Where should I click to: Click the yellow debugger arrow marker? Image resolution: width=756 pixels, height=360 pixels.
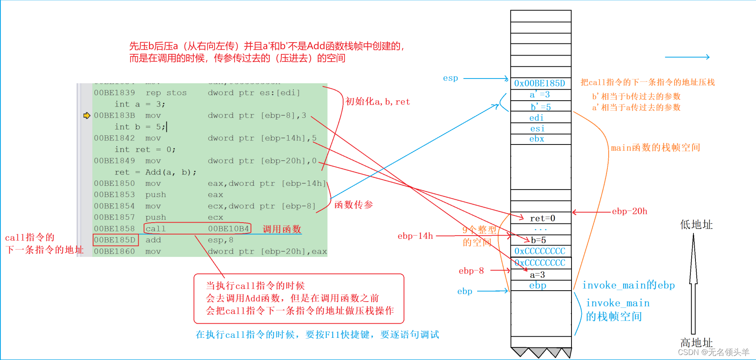pyautogui.click(x=86, y=115)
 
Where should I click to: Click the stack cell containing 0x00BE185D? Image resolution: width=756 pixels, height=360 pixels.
pyautogui.click(x=540, y=83)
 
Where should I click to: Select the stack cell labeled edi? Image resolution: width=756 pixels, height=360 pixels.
pyautogui.click(x=536, y=118)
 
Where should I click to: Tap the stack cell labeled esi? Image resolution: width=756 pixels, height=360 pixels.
pyautogui.click(x=537, y=129)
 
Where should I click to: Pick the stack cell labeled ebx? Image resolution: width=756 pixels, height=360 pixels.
pyautogui.click(x=537, y=139)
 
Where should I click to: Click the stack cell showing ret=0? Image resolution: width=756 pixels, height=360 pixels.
pyautogui.click(x=542, y=218)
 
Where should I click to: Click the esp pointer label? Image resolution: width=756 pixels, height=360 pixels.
pyautogui.click(x=450, y=78)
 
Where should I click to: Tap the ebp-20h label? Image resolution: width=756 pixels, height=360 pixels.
pyautogui.click(x=630, y=211)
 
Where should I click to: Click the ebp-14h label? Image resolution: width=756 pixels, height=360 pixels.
pyautogui.click(x=415, y=236)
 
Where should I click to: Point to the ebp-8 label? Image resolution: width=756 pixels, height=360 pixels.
pyautogui.click(x=471, y=271)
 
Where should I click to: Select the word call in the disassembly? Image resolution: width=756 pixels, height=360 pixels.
pyautogui.click(x=156, y=229)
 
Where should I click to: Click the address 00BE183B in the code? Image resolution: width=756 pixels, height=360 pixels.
pyautogui.click(x=114, y=116)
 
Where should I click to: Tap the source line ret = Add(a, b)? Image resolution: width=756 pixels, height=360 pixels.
pyautogui.click(x=155, y=172)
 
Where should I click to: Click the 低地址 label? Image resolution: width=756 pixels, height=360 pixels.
pyautogui.click(x=696, y=225)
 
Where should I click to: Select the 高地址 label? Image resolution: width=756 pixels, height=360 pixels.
pyautogui.click(x=696, y=342)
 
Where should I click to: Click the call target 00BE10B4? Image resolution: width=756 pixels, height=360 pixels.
pyautogui.click(x=228, y=229)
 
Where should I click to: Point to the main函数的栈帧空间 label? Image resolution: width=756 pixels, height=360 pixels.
pyautogui.click(x=655, y=147)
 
